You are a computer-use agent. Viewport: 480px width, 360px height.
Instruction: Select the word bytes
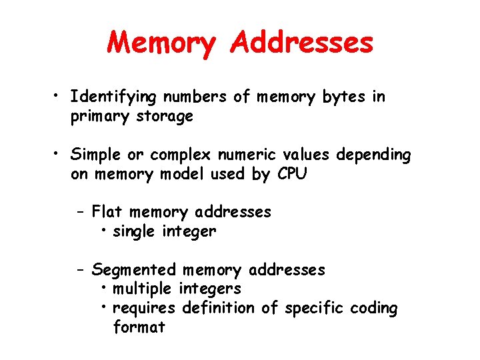[x=343, y=98]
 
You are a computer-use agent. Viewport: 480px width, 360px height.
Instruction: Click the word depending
[x=373, y=155]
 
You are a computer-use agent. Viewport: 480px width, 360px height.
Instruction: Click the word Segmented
[x=134, y=271]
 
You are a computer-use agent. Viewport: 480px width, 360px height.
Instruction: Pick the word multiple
[x=143, y=289]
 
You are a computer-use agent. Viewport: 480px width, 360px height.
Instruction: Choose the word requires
[x=144, y=309]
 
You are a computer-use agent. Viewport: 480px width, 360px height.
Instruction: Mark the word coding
[x=375, y=309]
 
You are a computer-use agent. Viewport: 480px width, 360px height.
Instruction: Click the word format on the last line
[x=139, y=327]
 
